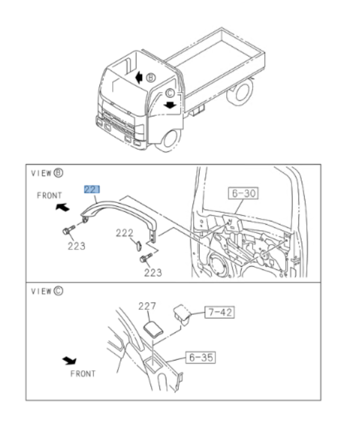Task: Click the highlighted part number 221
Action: (92, 189)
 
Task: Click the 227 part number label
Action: (147, 306)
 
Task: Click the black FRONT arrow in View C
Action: (70, 359)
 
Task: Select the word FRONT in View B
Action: (49, 196)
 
